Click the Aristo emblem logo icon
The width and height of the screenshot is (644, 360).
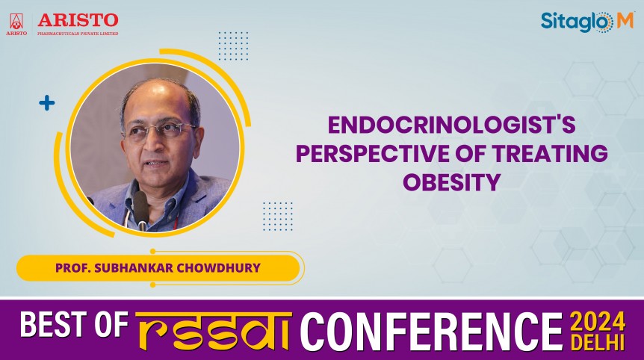click(x=16, y=23)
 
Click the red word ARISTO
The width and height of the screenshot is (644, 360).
click(x=78, y=19)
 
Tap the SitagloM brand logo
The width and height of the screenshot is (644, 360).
click(x=586, y=22)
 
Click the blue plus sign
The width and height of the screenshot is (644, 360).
click(x=47, y=103)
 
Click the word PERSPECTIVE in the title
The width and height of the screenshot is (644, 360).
click(x=371, y=153)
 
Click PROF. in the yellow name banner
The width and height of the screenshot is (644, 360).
click(x=72, y=267)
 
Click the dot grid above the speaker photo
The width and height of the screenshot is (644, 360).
click(x=233, y=46)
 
